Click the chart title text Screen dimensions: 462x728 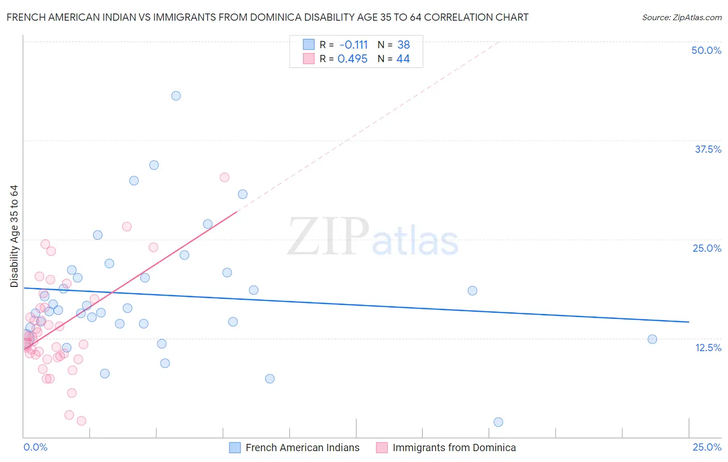pyautogui.click(x=267, y=17)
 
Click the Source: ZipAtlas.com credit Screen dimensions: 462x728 pyautogui.click(x=681, y=18)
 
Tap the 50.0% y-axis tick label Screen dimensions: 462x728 pyautogui.click(x=706, y=50)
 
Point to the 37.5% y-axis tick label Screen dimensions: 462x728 pyautogui.click(x=708, y=149)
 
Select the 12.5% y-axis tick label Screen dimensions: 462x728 pyautogui.click(x=708, y=348)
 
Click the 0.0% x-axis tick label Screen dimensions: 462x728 pyautogui.click(x=35, y=447)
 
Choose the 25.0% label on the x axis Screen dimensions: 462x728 pyautogui.click(x=707, y=447)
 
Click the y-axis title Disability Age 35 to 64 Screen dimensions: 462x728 pyautogui.click(x=14, y=236)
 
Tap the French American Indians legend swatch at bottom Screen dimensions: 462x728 pyautogui.click(x=235, y=447)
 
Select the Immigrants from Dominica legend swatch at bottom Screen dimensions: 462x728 pyautogui.click(x=382, y=447)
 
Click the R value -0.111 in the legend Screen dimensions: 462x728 pyautogui.click(x=353, y=45)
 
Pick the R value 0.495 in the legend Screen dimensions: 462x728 pyautogui.click(x=352, y=59)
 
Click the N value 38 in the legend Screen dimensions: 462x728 pyautogui.click(x=403, y=45)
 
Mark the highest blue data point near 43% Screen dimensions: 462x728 pyautogui.click(x=176, y=96)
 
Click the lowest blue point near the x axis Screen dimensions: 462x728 pyautogui.click(x=498, y=422)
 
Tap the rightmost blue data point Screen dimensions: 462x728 pyautogui.click(x=652, y=339)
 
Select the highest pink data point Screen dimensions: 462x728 pyautogui.click(x=224, y=177)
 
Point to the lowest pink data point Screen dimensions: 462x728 pyautogui.click(x=81, y=421)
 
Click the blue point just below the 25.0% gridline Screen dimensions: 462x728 pyautogui.click(x=97, y=235)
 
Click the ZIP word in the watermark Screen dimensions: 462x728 pyautogui.click(x=328, y=237)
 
